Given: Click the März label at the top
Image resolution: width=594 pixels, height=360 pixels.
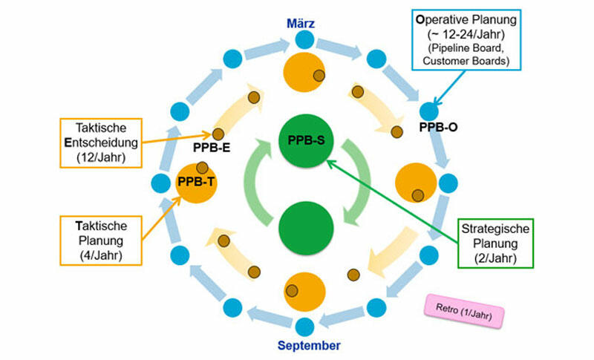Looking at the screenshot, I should pos(301,24).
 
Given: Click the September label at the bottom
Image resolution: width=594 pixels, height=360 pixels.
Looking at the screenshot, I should pos(309,345).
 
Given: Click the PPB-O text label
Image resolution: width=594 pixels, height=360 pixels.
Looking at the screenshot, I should pos(438,128).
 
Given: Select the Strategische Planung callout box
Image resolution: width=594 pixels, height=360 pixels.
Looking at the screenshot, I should pos(496,243).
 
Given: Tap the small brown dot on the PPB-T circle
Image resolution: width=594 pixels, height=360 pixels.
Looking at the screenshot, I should pos(202,168).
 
